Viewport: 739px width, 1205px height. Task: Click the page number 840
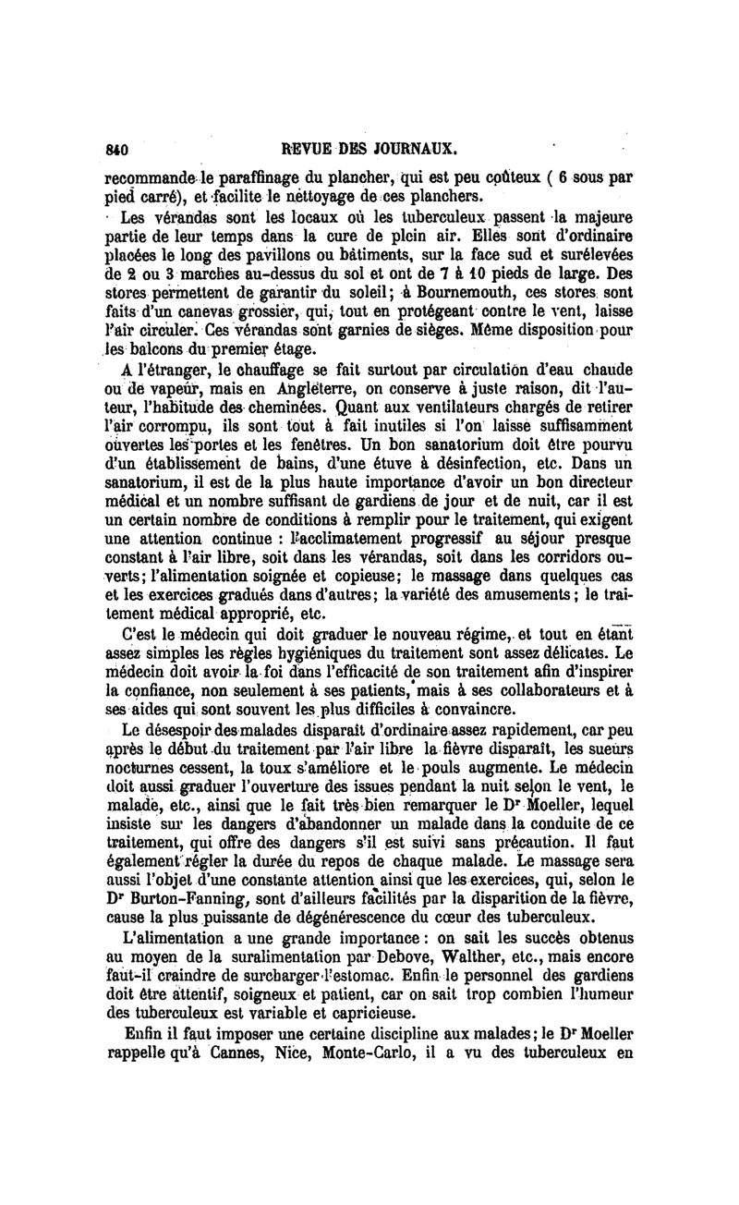point(116,148)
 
